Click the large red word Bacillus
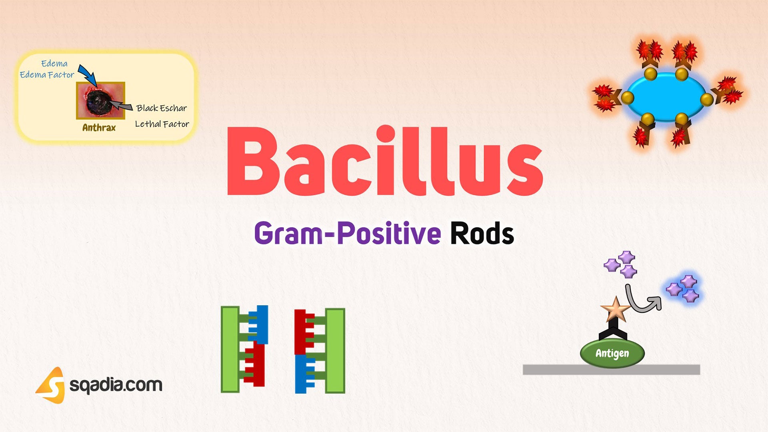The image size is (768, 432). click(384, 162)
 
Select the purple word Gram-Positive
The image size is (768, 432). click(347, 233)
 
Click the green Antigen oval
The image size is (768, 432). click(612, 353)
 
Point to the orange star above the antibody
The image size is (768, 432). click(615, 309)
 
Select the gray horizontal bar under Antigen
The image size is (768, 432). click(611, 370)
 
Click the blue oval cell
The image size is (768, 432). click(666, 97)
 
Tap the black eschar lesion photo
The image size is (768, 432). click(100, 100)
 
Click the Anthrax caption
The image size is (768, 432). click(99, 128)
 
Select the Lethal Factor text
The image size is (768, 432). click(162, 124)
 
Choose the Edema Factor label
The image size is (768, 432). click(47, 75)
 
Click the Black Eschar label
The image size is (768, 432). click(162, 108)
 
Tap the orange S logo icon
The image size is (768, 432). click(51, 385)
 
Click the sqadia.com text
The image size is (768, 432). click(116, 385)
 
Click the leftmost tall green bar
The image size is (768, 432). click(230, 349)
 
